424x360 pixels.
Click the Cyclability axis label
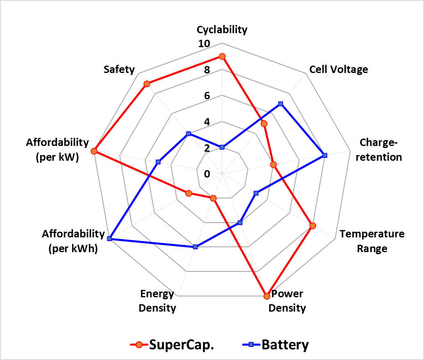pyautogui.click(x=222, y=30)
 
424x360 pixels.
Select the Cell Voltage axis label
pyautogui.click(x=338, y=70)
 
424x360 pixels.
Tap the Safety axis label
pyautogui.click(x=119, y=70)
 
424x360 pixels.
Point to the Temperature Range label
pyautogui.click(x=372, y=241)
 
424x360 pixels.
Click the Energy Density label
pyautogui.click(x=157, y=301)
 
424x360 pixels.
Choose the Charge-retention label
pyautogui.click(x=379, y=150)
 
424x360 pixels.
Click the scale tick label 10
pyautogui.click(x=204, y=43)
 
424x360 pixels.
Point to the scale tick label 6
pyautogui.click(x=207, y=96)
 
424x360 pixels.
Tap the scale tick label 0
pyautogui.click(x=207, y=174)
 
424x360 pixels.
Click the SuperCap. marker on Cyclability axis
pyautogui.click(x=222, y=56)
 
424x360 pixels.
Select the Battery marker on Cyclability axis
pyautogui.click(x=222, y=147)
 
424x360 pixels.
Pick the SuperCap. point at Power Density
pyautogui.click(x=267, y=296)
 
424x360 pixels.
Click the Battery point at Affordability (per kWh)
pyautogui.click(x=109, y=239)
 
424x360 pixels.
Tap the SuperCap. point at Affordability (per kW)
pyautogui.click(x=94, y=151)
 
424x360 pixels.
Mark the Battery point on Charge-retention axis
pyautogui.click(x=325, y=155)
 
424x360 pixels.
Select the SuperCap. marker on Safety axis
pyautogui.click(x=147, y=84)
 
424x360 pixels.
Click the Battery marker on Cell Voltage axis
pyautogui.click(x=281, y=104)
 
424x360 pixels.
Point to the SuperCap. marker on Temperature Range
pyautogui.click(x=313, y=226)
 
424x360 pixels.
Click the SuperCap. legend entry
pyautogui.click(x=172, y=344)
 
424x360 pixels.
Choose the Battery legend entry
pyautogui.click(x=275, y=344)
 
